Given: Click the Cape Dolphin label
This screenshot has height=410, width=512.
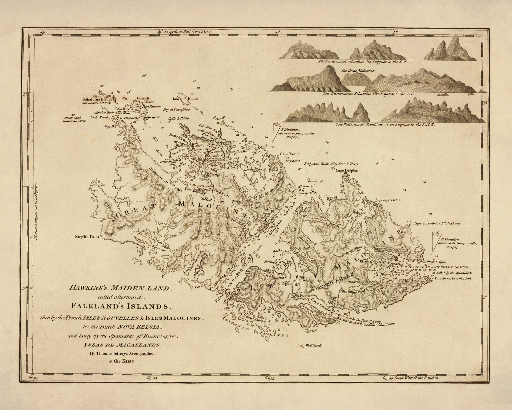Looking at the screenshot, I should point(347,171).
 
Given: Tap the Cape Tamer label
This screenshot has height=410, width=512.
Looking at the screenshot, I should point(290,154).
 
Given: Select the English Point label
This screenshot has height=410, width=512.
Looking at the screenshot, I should point(87,237).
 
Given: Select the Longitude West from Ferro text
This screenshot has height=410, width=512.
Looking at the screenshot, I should point(188,31).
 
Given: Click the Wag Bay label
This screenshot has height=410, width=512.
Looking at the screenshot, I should point(111,127).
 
